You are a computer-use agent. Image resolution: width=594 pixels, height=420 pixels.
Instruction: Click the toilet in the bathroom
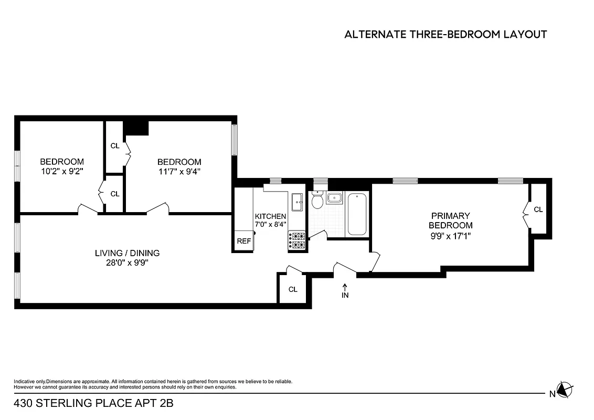tap(317, 201)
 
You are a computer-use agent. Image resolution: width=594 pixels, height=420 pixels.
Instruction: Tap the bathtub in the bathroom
tap(357, 214)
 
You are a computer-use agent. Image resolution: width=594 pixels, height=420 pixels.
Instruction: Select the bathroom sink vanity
tap(334, 198)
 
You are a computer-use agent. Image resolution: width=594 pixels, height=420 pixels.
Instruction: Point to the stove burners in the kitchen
tap(296, 240)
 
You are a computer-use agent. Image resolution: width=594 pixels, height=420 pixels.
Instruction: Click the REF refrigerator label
tap(244, 241)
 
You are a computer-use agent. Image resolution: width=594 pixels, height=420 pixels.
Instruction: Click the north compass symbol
tap(564, 390)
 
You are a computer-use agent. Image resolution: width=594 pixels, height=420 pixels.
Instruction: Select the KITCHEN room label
tap(270, 216)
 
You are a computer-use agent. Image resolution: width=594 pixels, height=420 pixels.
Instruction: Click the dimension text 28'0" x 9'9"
tap(127, 263)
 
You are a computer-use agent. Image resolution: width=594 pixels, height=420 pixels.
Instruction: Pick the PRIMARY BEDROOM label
tap(450, 220)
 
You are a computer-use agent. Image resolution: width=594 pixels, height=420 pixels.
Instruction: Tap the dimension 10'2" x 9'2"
tap(62, 171)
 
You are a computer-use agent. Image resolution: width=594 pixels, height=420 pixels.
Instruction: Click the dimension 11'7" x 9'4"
tap(179, 171)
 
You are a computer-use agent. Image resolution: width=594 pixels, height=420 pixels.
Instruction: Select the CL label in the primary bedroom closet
tap(538, 209)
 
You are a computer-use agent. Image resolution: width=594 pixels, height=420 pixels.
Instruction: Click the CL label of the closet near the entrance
tap(293, 289)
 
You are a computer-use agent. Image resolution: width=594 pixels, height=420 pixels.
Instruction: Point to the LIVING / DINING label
tap(127, 253)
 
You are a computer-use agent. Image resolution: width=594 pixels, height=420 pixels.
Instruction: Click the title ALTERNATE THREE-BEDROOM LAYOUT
tap(445, 35)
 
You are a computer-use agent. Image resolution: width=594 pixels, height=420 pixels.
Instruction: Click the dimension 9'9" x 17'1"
tap(450, 236)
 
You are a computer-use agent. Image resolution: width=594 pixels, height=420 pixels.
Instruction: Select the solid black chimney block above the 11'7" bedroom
tap(136, 128)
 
